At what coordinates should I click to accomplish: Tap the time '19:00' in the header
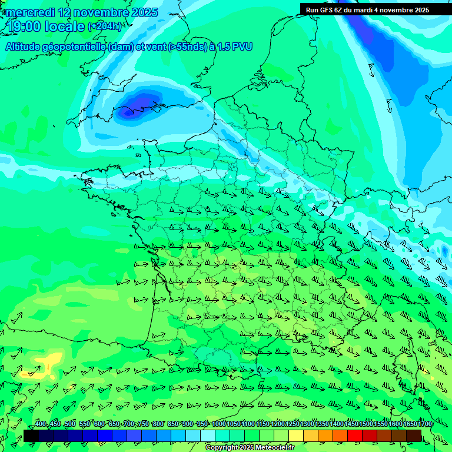click(25, 26)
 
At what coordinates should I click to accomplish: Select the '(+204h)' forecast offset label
click(105, 26)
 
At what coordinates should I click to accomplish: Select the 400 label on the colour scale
click(41, 424)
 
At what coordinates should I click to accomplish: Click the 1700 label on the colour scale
click(424, 424)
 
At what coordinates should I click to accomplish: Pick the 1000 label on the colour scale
click(218, 424)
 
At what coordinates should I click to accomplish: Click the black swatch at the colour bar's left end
click(31, 436)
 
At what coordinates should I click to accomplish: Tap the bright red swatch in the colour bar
click(355, 436)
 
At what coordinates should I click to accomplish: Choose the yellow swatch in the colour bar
click(296, 436)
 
